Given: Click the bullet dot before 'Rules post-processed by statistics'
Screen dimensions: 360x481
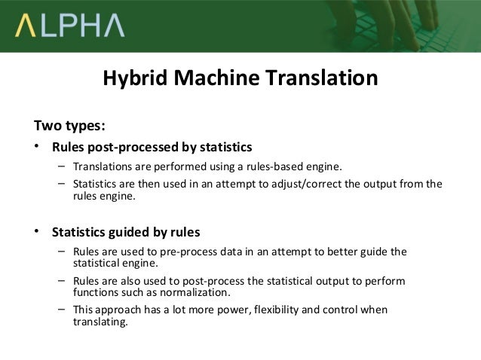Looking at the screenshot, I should [x=38, y=145].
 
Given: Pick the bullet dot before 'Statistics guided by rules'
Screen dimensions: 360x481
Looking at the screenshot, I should [x=38, y=230].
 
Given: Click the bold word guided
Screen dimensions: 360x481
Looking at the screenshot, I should [x=135, y=230].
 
